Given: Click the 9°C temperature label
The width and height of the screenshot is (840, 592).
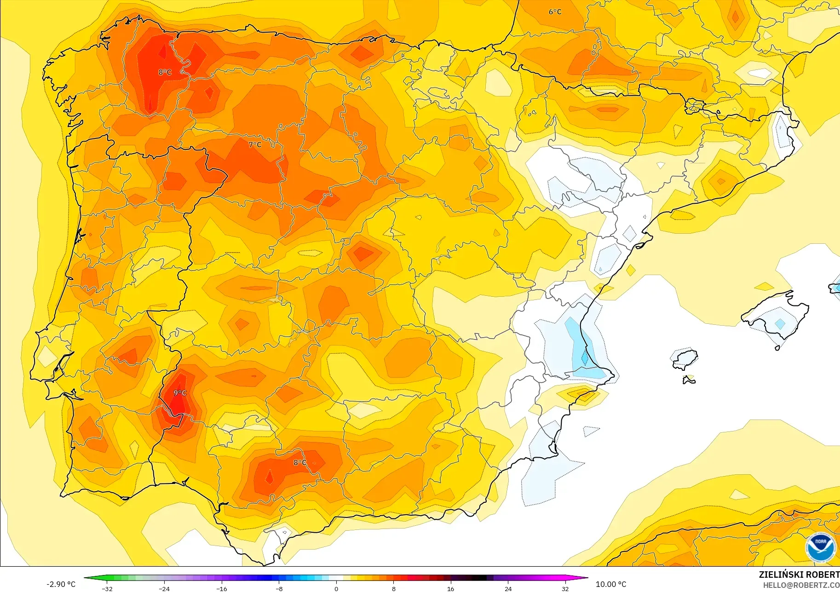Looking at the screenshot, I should (180, 393).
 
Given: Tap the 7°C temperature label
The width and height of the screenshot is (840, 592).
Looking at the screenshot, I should (255, 144).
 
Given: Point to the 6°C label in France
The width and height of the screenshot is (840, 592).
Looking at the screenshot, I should (555, 12).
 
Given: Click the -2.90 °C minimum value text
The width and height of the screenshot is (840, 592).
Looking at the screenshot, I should (61, 584).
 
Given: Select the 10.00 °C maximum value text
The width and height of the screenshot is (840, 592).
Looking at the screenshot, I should (611, 584).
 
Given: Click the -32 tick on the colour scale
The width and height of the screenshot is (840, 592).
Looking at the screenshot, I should (107, 589).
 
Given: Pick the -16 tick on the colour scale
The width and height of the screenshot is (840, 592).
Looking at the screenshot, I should (222, 589).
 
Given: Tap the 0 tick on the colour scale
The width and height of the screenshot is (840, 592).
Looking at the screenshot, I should (336, 589).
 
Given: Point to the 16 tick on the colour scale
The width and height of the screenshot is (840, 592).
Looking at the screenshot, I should (450, 589).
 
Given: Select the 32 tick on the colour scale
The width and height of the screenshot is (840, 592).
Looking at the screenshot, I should (565, 589).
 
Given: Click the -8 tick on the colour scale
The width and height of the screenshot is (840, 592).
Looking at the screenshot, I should (279, 589).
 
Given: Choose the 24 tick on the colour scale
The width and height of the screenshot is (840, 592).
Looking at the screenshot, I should (508, 589).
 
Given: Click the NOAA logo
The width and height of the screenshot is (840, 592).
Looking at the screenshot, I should (821, 547).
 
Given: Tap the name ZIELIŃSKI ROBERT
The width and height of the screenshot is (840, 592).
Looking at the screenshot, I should (799, 575).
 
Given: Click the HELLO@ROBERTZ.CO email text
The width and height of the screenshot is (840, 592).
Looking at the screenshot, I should (801, 586).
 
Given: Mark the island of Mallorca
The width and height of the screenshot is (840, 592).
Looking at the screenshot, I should (777, 317).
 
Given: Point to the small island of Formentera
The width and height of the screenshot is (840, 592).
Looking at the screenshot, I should (689, 379).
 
